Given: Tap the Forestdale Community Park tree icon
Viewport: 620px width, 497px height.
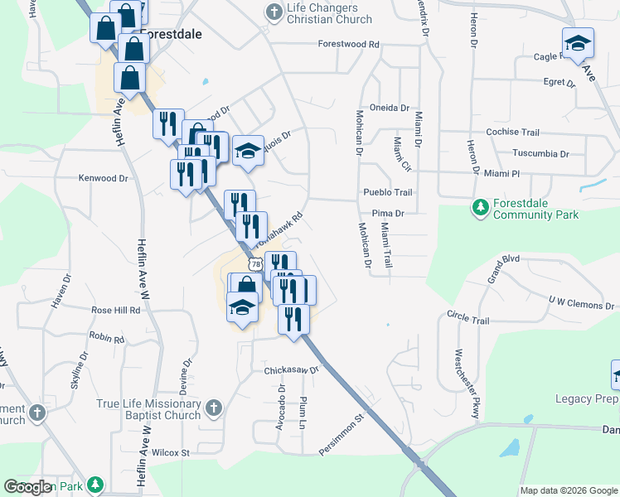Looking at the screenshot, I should pos(480,207).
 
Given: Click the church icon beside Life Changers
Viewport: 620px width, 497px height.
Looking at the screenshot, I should pos(274,12).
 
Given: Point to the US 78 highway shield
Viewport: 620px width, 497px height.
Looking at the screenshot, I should pos(254,263).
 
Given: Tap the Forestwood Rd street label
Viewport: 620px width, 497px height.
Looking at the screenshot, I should pos(348,44).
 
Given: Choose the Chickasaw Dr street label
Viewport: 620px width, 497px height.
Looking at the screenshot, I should pos(292,370).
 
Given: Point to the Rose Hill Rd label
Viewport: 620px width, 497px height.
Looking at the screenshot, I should pos(115,310).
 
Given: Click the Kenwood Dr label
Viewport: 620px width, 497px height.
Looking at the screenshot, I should pos(103,177).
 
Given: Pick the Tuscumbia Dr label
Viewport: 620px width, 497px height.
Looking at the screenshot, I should pos(540,154).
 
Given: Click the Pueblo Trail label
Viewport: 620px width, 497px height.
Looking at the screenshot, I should pos(387,192).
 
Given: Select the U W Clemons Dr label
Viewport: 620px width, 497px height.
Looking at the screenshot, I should pos(581,304).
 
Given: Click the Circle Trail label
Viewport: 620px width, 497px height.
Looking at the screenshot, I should pos(467,321).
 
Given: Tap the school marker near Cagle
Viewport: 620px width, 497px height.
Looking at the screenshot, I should pos(578,42).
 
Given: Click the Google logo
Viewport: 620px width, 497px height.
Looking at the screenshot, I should pos(28,487).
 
